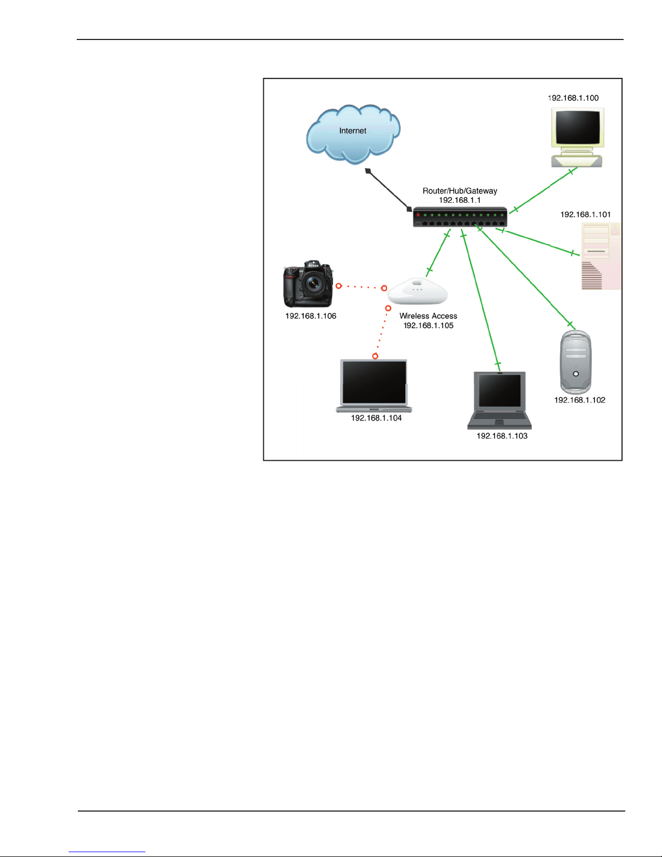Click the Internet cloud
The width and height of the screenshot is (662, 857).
(353, 134)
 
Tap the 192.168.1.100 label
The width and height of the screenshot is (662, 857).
(573, 98)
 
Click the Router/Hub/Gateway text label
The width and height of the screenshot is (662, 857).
(460, 191)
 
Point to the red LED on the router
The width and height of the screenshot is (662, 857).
(418, 215)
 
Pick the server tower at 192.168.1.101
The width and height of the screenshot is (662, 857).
(600, 256)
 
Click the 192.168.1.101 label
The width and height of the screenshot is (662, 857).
(585, 215)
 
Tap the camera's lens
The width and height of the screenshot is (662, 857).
(312, 283)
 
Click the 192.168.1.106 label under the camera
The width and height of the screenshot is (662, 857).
(311, 316)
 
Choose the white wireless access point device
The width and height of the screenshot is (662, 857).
(418, 291)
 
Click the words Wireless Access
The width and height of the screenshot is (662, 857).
(428, 316)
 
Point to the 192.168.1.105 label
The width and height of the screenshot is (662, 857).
(428, 325)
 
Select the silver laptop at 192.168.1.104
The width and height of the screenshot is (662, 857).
(374, 386)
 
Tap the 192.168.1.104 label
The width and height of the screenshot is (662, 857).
(376, 418)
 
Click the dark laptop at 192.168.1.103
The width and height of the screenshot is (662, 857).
(499, 400)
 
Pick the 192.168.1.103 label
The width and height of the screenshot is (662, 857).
(501, 436)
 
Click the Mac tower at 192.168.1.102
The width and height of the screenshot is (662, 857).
(576, 362)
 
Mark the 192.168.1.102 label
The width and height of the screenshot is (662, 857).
(579, 400)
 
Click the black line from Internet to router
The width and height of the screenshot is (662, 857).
(388, 190)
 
